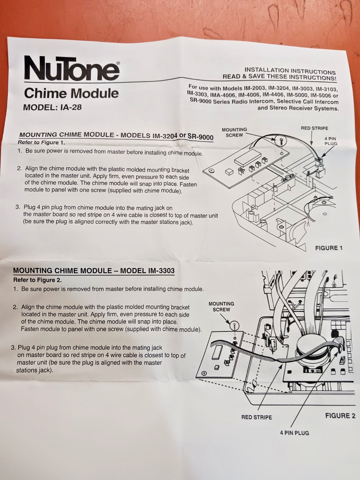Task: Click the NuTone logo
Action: pyautogui.click(x=72, y=69)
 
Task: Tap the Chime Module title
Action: pyautogui.click(x=71, y=93)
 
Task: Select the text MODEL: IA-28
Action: pyautogui.click(x=52, y=108)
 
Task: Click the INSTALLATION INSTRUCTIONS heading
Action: pyautogui.click(x=290, y=71)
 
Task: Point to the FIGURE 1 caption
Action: pyautogui.click(x=328, y=248)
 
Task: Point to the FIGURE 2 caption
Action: pyautogui.click(x=340, y=416)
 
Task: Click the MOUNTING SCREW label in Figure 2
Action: pyautogui.click(x=221, y=307)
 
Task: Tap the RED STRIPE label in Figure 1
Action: pyautogui.click(x=315, y=128)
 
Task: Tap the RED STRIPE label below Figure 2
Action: pyautogui.click(x=256, y=417)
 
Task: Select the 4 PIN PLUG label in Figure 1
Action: pyautogui.click(x=331, y=141)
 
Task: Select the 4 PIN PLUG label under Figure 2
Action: pyautogui.click(x=295, y=432)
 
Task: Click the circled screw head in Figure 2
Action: pyautogui.click(x=234, y=325)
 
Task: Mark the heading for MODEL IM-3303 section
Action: pyautogui.click(x=94, y=271)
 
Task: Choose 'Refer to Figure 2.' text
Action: pyautogui.click(x=37, y=280)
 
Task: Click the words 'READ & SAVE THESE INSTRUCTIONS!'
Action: pyautogui.click(x=279, y=77)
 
